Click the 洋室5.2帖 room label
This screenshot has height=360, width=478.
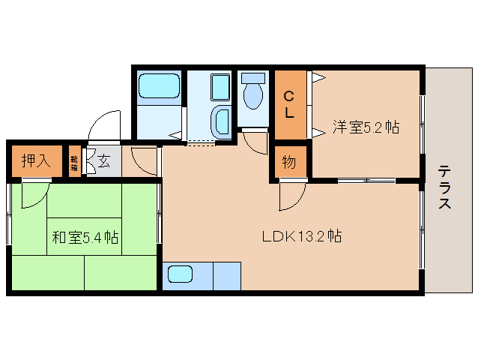(x=366, y=127)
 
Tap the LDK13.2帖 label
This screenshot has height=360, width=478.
(x=302, y=236)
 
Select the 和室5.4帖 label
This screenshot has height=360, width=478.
(x=85, y=238)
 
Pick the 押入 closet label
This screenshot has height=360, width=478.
(x=35, y=160)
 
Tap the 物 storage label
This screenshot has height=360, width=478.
(x=289, y=161)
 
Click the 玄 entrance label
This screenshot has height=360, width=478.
(x=103, y=160)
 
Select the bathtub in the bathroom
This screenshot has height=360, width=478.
(x=160, y=88)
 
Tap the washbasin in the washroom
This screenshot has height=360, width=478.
(x=222, y=121)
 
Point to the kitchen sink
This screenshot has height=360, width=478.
(x=180, y=274)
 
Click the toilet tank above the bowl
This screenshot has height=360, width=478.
(x=254, y=78)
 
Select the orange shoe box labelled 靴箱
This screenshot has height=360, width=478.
(x=74, y=160)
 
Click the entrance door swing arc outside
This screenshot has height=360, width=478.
(x=104, y=123)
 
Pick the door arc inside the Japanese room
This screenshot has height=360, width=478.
(x=34, y=194)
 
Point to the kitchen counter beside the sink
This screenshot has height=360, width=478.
(x=227, y=275)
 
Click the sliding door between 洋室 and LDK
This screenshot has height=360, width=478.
(x=366, y=181)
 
